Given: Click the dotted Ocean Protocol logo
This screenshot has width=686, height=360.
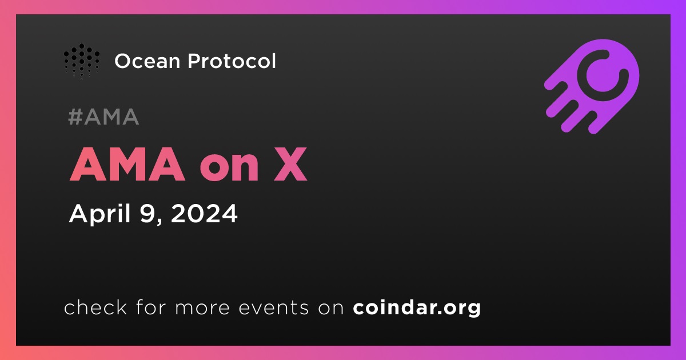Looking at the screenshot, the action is pos(81,61).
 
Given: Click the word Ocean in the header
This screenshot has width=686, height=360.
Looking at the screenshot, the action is pos(147,61).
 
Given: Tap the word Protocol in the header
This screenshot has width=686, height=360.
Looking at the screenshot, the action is pos(232,61).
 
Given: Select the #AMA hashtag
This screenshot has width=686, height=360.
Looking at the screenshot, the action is pos(103,117).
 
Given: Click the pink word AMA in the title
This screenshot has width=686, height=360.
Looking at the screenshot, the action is pos(127,165).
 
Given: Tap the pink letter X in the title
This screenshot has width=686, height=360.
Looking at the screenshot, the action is pos(290,165).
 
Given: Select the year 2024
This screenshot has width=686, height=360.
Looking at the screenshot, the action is pos(204,213).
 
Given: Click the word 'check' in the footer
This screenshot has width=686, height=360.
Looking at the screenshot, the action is pos(95,307).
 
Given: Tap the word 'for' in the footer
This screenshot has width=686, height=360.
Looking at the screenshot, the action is pos(151,307).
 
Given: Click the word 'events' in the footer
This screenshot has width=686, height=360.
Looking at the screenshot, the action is pos(273,308).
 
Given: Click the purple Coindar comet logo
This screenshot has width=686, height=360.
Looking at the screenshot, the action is pos(592,86).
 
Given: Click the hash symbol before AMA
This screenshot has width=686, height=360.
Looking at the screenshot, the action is pos(75,117).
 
